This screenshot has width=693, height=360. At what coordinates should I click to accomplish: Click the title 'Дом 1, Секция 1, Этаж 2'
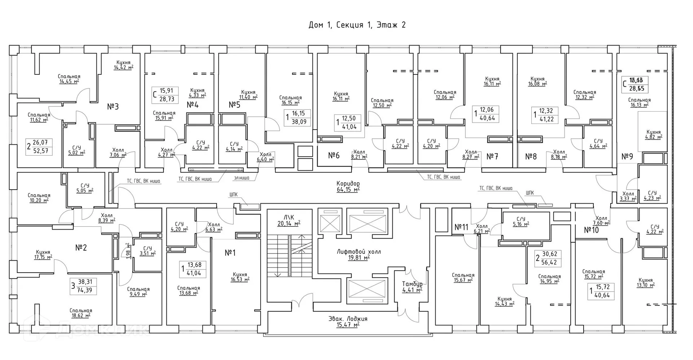point(357,25)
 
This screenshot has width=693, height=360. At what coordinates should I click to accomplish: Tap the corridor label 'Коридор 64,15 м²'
point(348,186)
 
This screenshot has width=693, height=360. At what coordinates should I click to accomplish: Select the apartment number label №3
point(113,107)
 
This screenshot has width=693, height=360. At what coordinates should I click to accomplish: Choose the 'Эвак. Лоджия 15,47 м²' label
point(348,322)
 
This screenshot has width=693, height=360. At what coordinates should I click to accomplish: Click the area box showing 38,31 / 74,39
point(84,286)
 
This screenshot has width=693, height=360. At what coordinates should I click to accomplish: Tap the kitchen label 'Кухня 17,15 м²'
point(43,255)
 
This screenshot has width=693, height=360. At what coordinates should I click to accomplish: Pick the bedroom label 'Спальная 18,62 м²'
point(81,313)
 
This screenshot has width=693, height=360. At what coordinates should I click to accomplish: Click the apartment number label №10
point(591,230)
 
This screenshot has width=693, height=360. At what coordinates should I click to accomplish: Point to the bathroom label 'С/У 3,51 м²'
point(147,251)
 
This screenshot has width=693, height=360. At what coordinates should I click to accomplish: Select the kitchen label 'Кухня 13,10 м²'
point(645,282)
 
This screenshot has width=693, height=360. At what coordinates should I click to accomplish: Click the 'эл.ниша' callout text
point(241,178)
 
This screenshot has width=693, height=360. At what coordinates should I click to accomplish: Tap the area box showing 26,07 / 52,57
point(39,147)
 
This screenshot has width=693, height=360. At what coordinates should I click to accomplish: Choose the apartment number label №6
point(334,155)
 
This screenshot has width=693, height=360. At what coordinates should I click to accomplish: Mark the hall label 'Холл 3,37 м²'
point(628,196)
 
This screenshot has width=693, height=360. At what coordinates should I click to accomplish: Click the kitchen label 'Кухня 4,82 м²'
point(653,134)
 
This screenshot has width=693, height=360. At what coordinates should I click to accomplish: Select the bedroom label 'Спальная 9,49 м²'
point(138,291)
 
